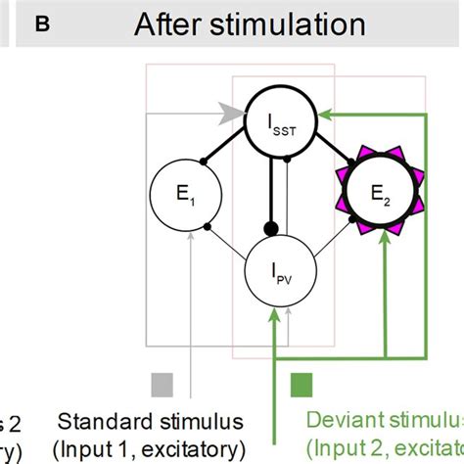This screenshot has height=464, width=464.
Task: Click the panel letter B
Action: [x=42, y=24]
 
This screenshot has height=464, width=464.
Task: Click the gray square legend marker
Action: [x=162, y=382]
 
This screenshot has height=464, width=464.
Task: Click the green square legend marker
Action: [x=302, y=382]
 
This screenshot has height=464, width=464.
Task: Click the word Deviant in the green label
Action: [x=341, y=422]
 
